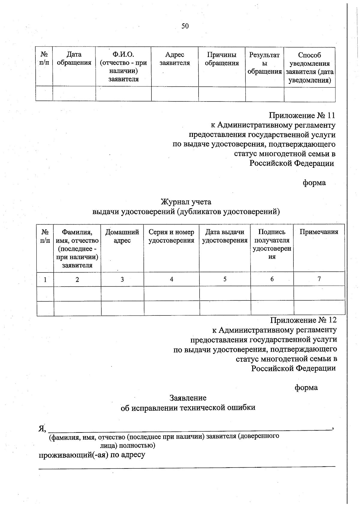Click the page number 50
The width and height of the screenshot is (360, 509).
[185, 26]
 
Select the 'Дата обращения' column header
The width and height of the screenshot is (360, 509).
[74, 59]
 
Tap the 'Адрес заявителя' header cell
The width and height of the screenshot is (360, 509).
[175, 59]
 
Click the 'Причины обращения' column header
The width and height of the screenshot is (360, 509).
[222, 59]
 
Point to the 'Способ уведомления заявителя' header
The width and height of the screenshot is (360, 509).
[310, 68]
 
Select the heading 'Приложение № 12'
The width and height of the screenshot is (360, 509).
[303, 320]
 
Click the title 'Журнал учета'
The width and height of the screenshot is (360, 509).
[186, 202]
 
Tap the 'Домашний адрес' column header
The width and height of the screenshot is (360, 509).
[122, 236]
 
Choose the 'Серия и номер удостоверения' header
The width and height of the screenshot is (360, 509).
[171, 236]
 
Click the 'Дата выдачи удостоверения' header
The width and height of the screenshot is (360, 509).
[225, 236]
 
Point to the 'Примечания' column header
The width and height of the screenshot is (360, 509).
[319, 232]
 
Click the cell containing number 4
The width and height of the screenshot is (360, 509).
[171, 279]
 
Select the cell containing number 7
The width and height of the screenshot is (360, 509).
[319, 279]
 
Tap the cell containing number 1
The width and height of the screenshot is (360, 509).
[45, 280]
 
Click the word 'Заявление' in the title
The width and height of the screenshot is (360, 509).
[188, 398]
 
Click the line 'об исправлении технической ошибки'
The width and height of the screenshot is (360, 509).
[188, 408]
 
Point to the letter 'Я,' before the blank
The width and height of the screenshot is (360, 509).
[42, 428]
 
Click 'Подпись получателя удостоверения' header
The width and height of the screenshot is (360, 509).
[272, 244]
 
